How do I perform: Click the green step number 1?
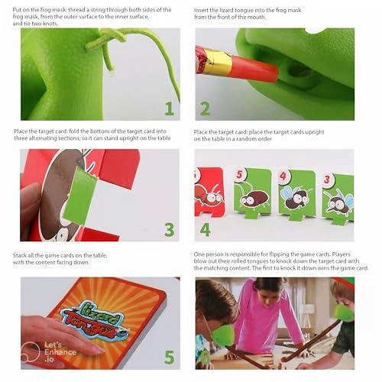pyautogui.click(x=169, y=108)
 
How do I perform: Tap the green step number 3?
pyautogui.click(x=169, y=228)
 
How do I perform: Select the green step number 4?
pyautogui.click(x=205, y=228)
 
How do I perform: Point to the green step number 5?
pyautogui.click(x=169, y=356)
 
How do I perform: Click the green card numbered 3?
pyautogui.click(x=337, y=196)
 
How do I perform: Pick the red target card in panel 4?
pyautogui.click(x=209, y=193)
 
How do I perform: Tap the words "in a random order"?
pyautogui.click(x=242, y=139)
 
